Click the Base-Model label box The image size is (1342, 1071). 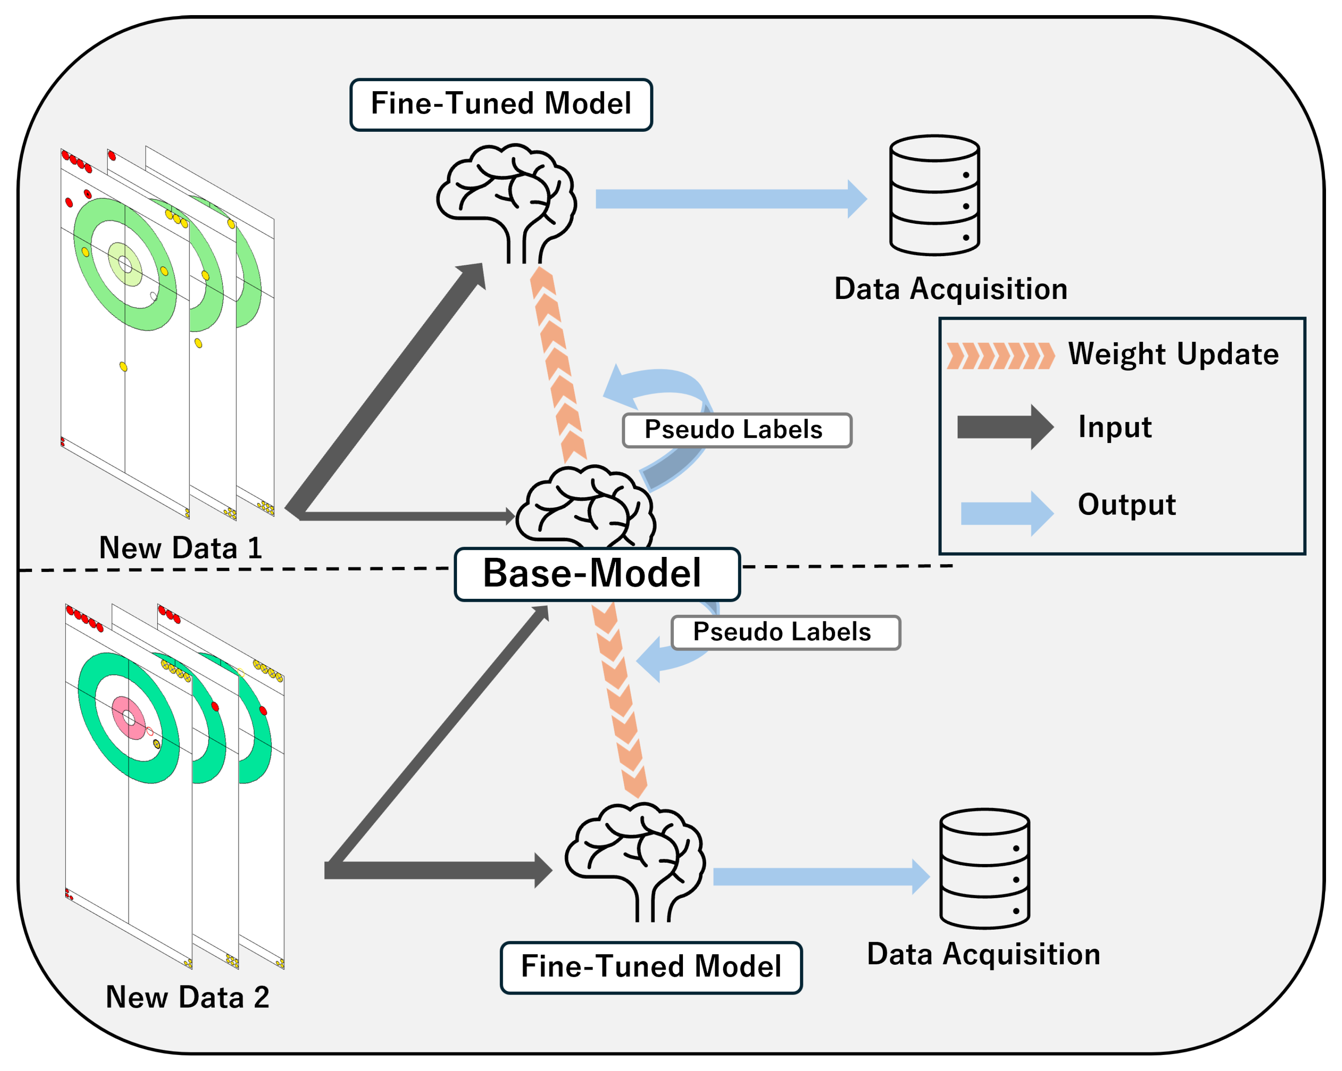(597, 574)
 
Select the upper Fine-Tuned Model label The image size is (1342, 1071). (501, 105)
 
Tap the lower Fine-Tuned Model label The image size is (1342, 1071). (651, 967)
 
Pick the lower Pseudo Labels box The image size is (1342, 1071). (786, 632)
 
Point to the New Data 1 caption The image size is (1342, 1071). (181, 548)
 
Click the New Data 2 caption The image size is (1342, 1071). (187, 997)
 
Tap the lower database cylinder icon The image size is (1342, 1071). (985, 869)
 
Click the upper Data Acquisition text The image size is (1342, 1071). (951, 289)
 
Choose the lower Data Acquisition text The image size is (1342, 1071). (983, 954)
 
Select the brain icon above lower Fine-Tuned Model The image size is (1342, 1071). (635, 862)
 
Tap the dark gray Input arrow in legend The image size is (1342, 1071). (1005, 427)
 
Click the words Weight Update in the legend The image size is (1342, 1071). (1173, 354)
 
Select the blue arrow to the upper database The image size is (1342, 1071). (731, 199)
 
